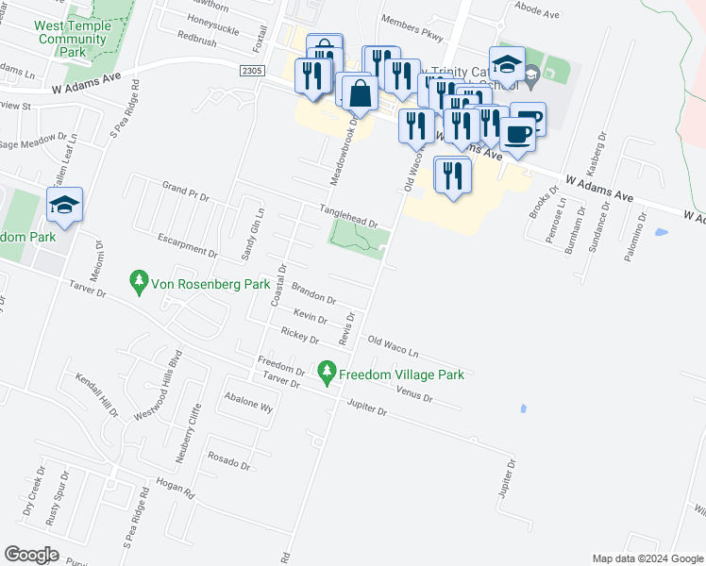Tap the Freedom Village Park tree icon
328,374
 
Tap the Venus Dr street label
414,395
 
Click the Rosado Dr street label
230,459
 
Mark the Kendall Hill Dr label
97,397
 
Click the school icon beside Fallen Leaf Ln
65,206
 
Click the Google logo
31,554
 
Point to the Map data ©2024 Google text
648,558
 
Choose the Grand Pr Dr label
185,192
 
